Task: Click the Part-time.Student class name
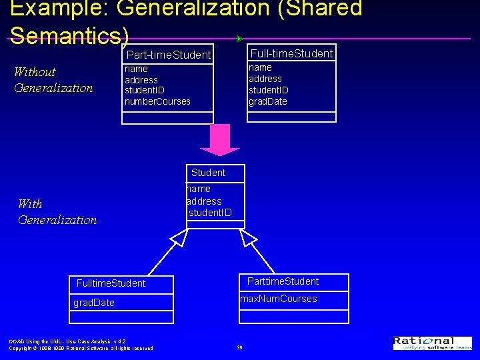tap(169, 55)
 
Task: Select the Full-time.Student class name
tap(291, 53)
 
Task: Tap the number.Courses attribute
tap(157, 101)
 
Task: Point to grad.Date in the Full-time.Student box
tap(268, 101)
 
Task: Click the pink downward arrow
tap(220, 139)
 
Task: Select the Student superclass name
tap(208, 173)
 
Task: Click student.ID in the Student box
tap(210, 213)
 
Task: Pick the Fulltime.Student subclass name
tap(111, 283)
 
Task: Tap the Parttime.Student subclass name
tap(283, 281)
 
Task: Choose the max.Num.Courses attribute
tap(279, 299)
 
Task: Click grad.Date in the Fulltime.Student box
tap(94, 303)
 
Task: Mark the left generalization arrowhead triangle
tap(179, 237)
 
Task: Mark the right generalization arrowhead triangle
tap(248, 237)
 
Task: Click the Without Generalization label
tap(53, 80)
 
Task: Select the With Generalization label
tap(57, 212)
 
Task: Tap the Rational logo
tap(432, 343)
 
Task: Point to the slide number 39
tap(239, 347)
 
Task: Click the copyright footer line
tap(81, 348)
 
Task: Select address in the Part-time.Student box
tap(141, 80)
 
